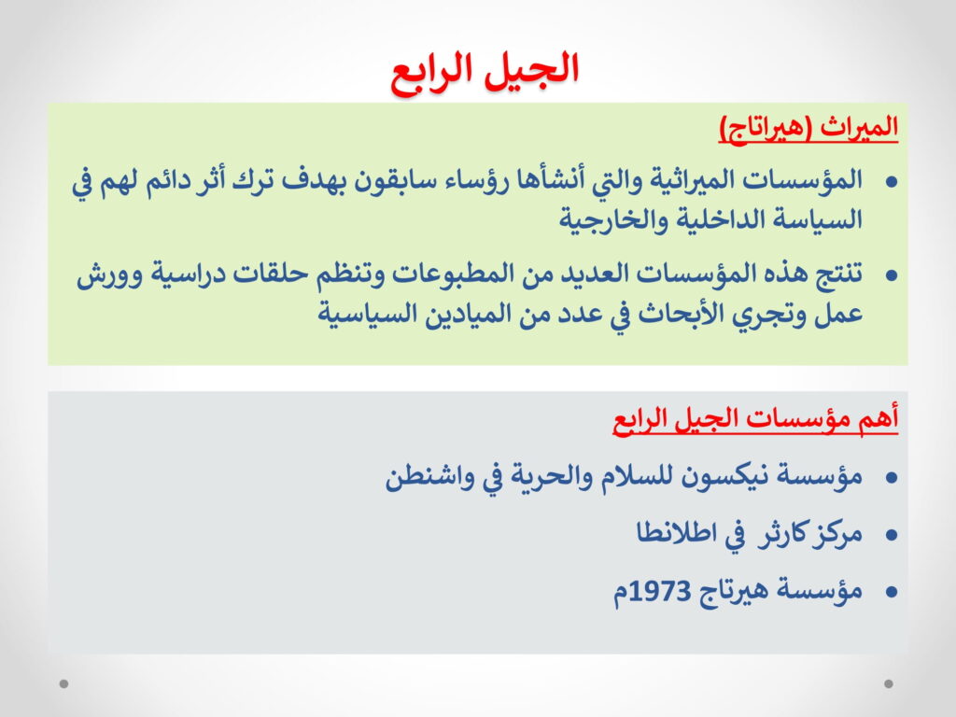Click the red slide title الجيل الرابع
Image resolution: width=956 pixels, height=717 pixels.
click(x=485, y=72)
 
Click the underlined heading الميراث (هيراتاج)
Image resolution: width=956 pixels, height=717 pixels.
click(x=808, y=127)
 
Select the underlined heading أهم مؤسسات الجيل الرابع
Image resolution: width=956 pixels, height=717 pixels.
click(x=755, y=418)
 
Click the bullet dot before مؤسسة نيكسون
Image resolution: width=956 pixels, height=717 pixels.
click(x=892, y=477)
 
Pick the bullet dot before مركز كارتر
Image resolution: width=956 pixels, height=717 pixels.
click(x=892, y=535)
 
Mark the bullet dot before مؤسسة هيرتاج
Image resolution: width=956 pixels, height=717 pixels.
click(x=892, y=591)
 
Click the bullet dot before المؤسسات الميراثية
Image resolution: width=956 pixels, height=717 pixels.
click(x=892, y=182)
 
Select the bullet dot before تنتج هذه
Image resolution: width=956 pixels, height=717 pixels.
click(x=892, y=275)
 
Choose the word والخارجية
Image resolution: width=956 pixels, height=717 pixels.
click(x=604, y=219)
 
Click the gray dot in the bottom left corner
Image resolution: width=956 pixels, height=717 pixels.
click(x=63, y=683)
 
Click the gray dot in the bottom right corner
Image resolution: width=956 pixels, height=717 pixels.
click(x=889, y=683)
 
